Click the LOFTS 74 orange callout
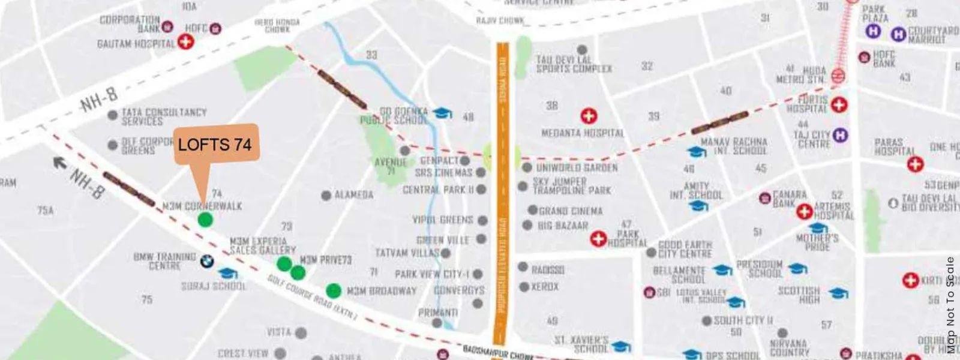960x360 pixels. click(x=216, y=145)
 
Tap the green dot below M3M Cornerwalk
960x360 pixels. click(x=205, y=220)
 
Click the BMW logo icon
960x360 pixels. click(x=206, y=262)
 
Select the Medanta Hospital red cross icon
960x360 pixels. click(x=589, y=116)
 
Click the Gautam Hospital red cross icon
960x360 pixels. click(x=186, y=41)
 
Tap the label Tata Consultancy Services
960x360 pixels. click(x=163, y=116)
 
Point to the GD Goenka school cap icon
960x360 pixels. click(x=442, y=113)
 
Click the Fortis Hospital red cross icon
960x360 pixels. click(x=839, y=104)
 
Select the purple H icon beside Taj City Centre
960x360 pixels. click(x=841, y=135)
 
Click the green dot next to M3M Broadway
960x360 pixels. click(x=334, y=291)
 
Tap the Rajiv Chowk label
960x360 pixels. click(x=500, y=20)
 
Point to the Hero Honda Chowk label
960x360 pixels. click(x=277, y=25)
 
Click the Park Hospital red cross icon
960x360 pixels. click(x=598, y=239)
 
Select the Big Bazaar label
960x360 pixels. click(x=563, y=226)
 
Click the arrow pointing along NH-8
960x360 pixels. click(x=59, y=162)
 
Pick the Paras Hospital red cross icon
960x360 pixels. click(x=915, y=164)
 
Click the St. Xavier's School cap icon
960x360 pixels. click(x=621, y=346)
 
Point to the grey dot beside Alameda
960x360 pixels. click(x=326, y=196)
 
